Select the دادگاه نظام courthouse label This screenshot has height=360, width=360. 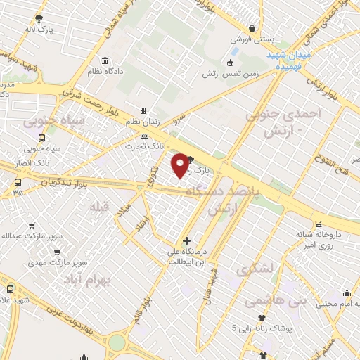coord(105,72)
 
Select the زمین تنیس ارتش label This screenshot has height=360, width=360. coord(231,73)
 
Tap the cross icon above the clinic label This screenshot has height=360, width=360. coord(186,241)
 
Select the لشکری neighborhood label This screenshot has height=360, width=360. coord(254,269)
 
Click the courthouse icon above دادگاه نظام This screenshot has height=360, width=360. coord(105,60)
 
